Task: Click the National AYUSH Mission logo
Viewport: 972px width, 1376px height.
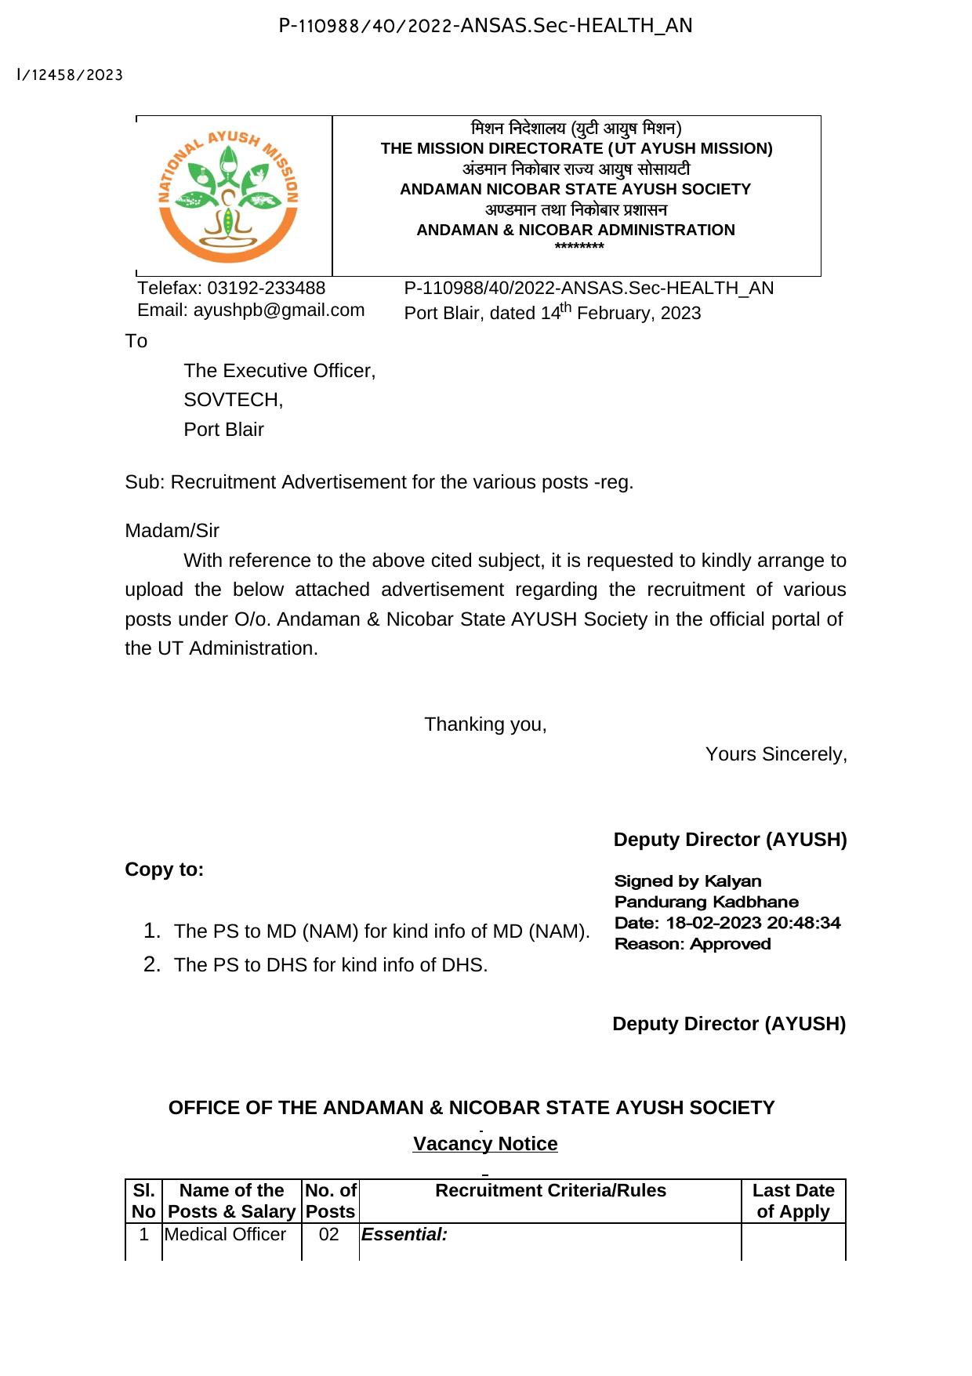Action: tap(228, 196)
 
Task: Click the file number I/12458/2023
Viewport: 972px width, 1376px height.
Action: tap(70, 75)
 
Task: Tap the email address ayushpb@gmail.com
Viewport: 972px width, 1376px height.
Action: tap(279, 310)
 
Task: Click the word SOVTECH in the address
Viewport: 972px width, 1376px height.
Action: tap(232, 400)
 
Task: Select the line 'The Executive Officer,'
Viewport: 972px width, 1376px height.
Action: tap(279, 371)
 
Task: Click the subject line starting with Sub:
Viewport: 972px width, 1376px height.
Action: tap(379, 482)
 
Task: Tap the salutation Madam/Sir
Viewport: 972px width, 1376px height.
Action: tap(172, 531)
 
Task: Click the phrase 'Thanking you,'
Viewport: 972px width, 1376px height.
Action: tap(485, 724)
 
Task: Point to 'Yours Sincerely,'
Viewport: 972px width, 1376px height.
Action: tap(775, 754)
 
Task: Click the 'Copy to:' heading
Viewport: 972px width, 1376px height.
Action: tap(164, 870)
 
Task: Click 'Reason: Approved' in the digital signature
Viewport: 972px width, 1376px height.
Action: tap(692, 944)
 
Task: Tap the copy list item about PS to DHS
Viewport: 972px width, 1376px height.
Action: tap(330, 965)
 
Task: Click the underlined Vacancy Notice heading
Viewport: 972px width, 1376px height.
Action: tap(485, 1144)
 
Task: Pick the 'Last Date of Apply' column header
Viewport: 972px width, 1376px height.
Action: tap(792, 1200)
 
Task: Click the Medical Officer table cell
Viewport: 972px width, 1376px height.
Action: tap(225, 1235)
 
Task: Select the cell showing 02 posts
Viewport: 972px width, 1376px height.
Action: tap(329, 1235)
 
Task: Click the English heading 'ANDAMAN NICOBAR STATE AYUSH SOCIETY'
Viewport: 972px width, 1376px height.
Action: tap(575, 189)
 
